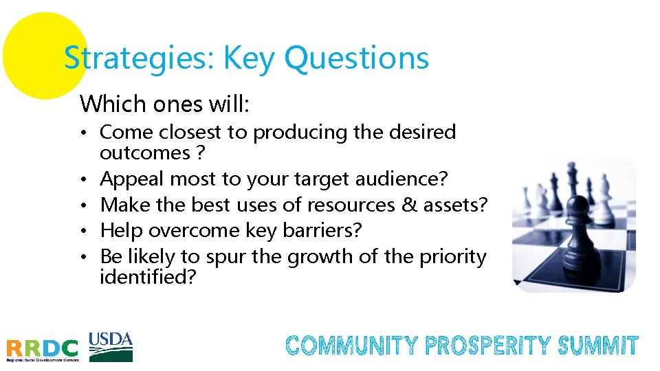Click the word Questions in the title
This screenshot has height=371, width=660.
point(356,58)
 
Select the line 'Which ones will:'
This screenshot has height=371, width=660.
point(165,104)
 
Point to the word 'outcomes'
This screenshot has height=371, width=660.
point(145,152)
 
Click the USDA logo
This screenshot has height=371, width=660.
point(111,346)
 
